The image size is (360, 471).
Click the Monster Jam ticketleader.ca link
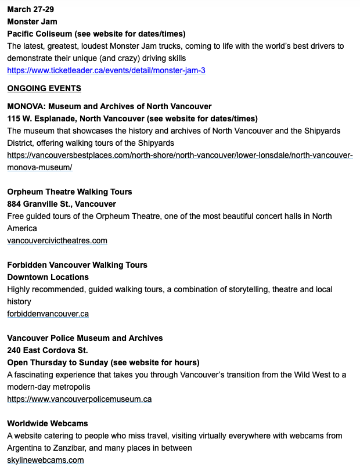coord(106,70)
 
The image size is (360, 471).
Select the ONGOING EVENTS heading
coord(44,88)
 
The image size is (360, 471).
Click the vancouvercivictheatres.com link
coord(57,240)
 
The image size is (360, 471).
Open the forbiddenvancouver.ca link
coord(48,314)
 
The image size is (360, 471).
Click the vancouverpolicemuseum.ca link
coord(79,399)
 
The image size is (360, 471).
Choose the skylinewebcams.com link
coord(45,460)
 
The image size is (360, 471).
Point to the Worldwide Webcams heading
coord(48,423)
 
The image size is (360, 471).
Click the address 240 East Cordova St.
coord(48,350)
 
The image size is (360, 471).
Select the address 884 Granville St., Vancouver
coord(62,204)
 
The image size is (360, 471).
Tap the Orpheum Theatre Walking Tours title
coord(70,192)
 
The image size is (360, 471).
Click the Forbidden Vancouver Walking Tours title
coord(77,265)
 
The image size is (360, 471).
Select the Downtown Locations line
coord(48,277)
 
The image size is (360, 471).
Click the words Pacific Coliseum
coord(38,34)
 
